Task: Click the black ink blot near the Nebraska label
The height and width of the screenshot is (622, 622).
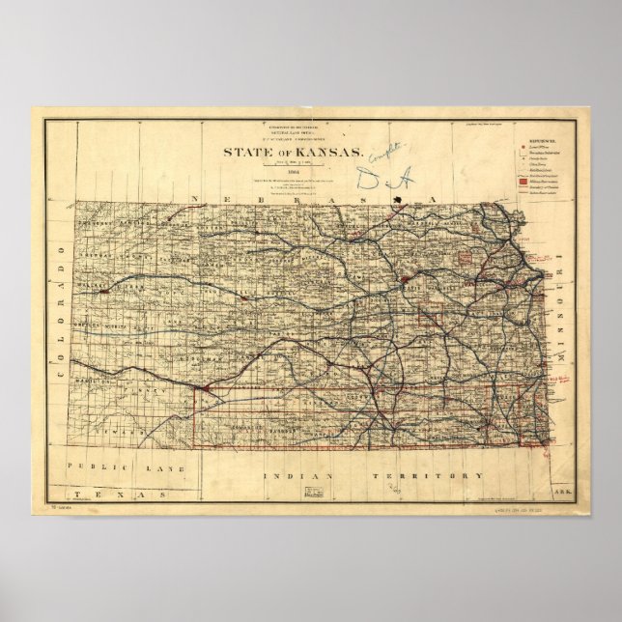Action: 398,200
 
